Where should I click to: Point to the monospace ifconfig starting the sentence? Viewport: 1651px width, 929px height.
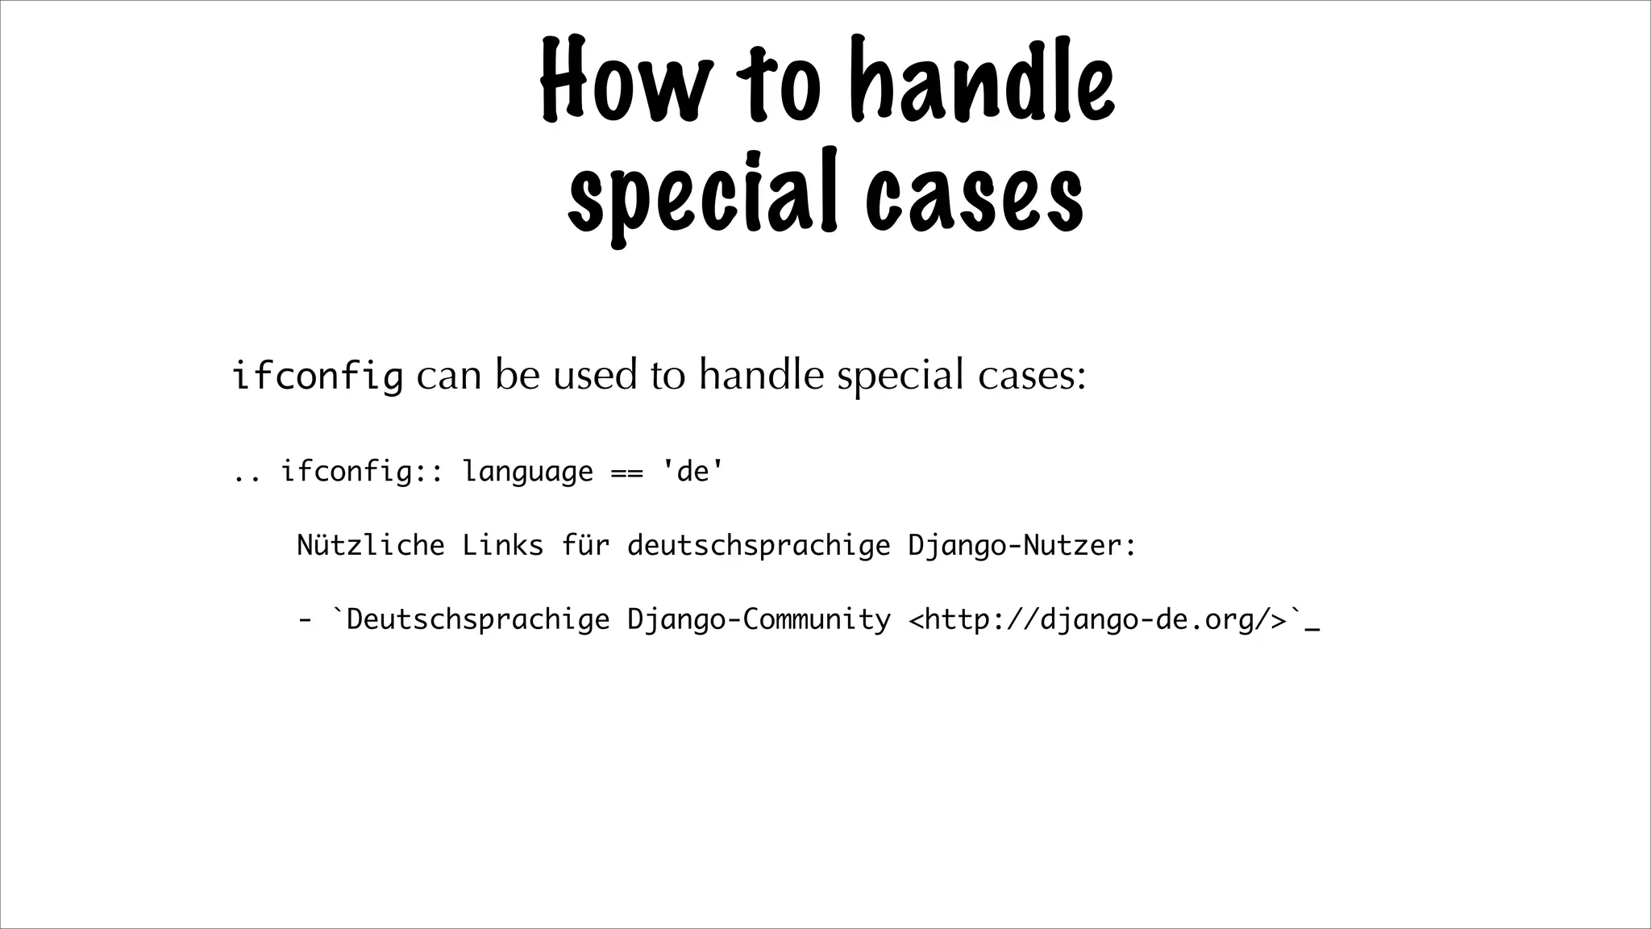[317, 376]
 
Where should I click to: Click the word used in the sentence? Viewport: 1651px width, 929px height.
[594, 376]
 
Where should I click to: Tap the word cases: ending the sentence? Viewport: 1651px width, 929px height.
[1032, 376]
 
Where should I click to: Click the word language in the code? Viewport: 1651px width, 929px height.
[527, 472]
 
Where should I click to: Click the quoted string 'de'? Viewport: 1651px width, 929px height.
[692, 471]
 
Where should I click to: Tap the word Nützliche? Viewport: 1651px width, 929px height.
[371, 546]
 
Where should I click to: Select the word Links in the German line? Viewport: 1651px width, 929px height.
[502, 546]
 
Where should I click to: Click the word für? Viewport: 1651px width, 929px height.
[585, 546]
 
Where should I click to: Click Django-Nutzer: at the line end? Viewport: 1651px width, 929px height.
[1021, 546]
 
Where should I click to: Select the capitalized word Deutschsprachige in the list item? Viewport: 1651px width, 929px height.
[477, 620]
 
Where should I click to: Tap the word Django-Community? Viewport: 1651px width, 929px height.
[758, 620]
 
